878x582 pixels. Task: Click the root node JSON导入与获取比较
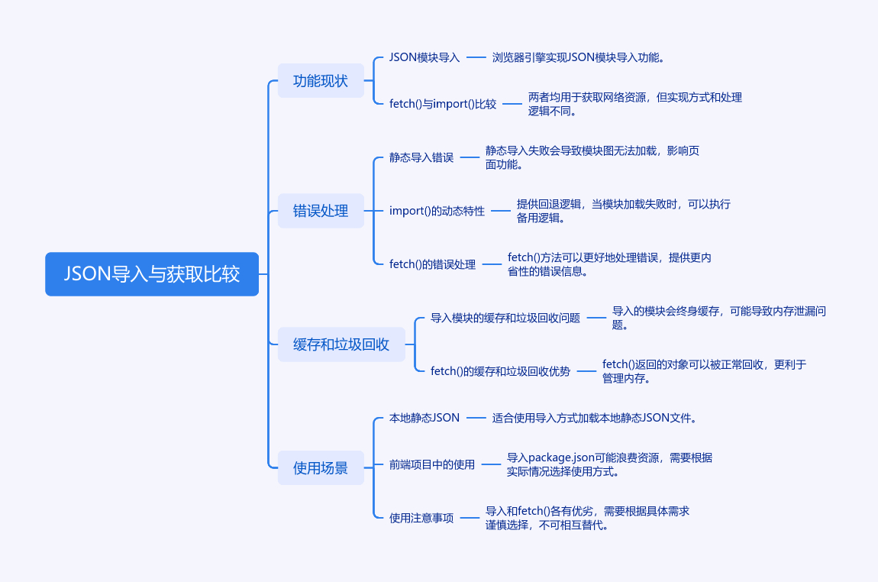tap(152, 274)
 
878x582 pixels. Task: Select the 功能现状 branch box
tap(321, 81)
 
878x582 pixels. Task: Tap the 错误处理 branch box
tap(321, 211)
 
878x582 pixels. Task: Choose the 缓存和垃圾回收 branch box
tap(341, 344)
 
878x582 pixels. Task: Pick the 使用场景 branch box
tap(321, 468)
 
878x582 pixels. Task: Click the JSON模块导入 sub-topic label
tap(424, 57)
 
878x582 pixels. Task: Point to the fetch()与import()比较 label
tap(443, 104)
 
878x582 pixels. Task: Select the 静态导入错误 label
tap(421, 157)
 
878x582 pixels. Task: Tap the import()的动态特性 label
tap(437, 211)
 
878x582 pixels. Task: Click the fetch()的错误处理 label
tap(432, 264)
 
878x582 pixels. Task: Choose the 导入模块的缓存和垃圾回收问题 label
tap(505, 318)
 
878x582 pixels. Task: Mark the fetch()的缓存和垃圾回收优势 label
tap(500, 371)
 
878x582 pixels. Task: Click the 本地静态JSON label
tap(424, 418)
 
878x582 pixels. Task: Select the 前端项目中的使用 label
tap(432, 464)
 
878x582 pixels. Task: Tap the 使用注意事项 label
tap(421, 518)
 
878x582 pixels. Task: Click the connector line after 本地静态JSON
tap(476, 418)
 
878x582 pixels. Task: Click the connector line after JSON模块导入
tap(476, 57)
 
